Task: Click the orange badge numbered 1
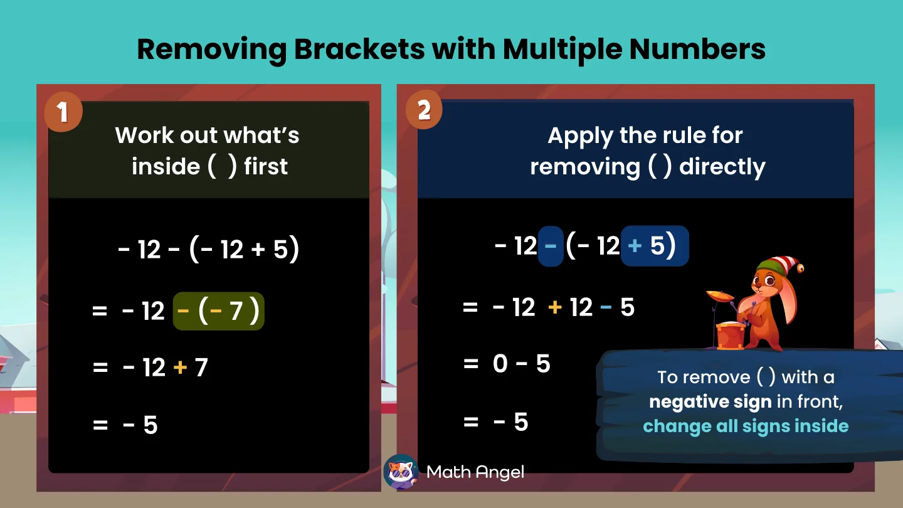[x=63, y=112]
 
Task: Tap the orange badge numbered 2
[x=424, y=111]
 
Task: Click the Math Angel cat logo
[x=400, y=472]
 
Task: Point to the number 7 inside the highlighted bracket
[x=236, y=311]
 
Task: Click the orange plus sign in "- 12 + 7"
[x=180, y=368]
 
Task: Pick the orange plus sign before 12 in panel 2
[x=554, y=308]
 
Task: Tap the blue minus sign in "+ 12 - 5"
[x=606, y=308]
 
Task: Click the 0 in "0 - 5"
[x=500, y=364]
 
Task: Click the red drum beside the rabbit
[x=731, y=335]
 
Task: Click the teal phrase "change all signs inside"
[x=746, y=426]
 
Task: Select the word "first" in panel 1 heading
[x=266, y=167]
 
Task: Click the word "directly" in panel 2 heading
[x=722, y=167]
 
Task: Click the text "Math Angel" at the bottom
[x=475, y=472]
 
